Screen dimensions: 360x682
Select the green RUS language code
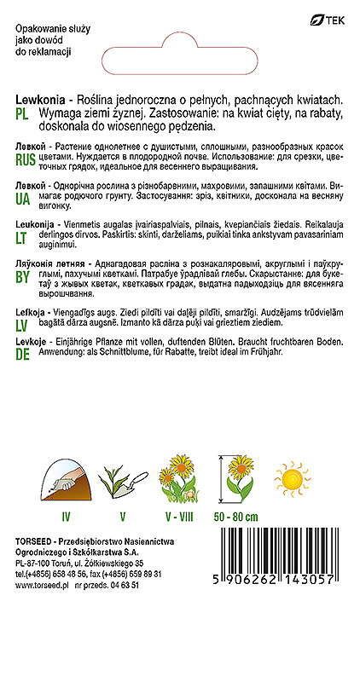pos(26,159)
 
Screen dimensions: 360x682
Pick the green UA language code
pos(24,197)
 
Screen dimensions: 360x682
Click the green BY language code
pos(23,286)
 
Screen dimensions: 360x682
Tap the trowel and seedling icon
pos(121,481)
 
